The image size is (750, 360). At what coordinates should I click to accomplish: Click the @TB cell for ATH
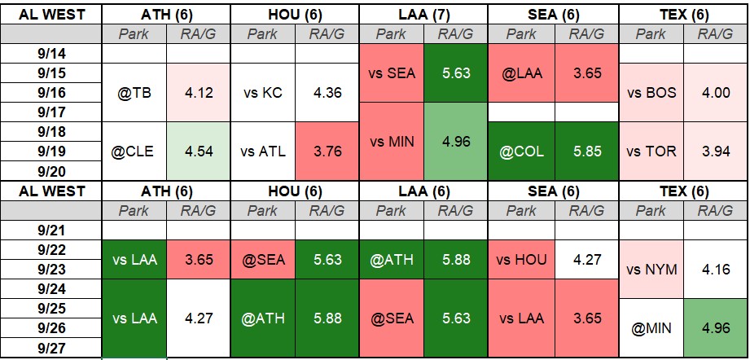134,92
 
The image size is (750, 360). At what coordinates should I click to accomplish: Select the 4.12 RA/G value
199,92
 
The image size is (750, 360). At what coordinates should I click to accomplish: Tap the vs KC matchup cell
262,92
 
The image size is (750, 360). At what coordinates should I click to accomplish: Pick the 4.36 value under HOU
327,92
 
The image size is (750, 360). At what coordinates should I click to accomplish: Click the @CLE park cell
134,151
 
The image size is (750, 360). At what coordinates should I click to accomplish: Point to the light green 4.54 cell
199,151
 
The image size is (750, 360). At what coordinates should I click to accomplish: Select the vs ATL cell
262,151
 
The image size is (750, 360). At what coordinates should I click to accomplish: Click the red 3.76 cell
327,151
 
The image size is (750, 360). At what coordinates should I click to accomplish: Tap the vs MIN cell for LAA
391,142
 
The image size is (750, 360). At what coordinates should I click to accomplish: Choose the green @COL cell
521,151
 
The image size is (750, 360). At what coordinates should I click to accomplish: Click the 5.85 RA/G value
586,151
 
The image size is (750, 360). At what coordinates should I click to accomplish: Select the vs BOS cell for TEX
651,92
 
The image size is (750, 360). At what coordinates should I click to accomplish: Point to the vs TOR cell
651,151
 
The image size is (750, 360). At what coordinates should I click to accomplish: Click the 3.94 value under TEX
716,151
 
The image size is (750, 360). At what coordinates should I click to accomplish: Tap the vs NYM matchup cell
651,270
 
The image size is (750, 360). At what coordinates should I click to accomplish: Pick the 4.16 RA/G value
716,270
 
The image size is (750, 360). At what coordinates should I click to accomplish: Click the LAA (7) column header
423,15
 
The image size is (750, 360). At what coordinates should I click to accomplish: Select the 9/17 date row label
51,112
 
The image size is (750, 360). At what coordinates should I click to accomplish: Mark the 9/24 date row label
51,289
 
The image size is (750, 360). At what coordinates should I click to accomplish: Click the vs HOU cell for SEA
521,260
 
